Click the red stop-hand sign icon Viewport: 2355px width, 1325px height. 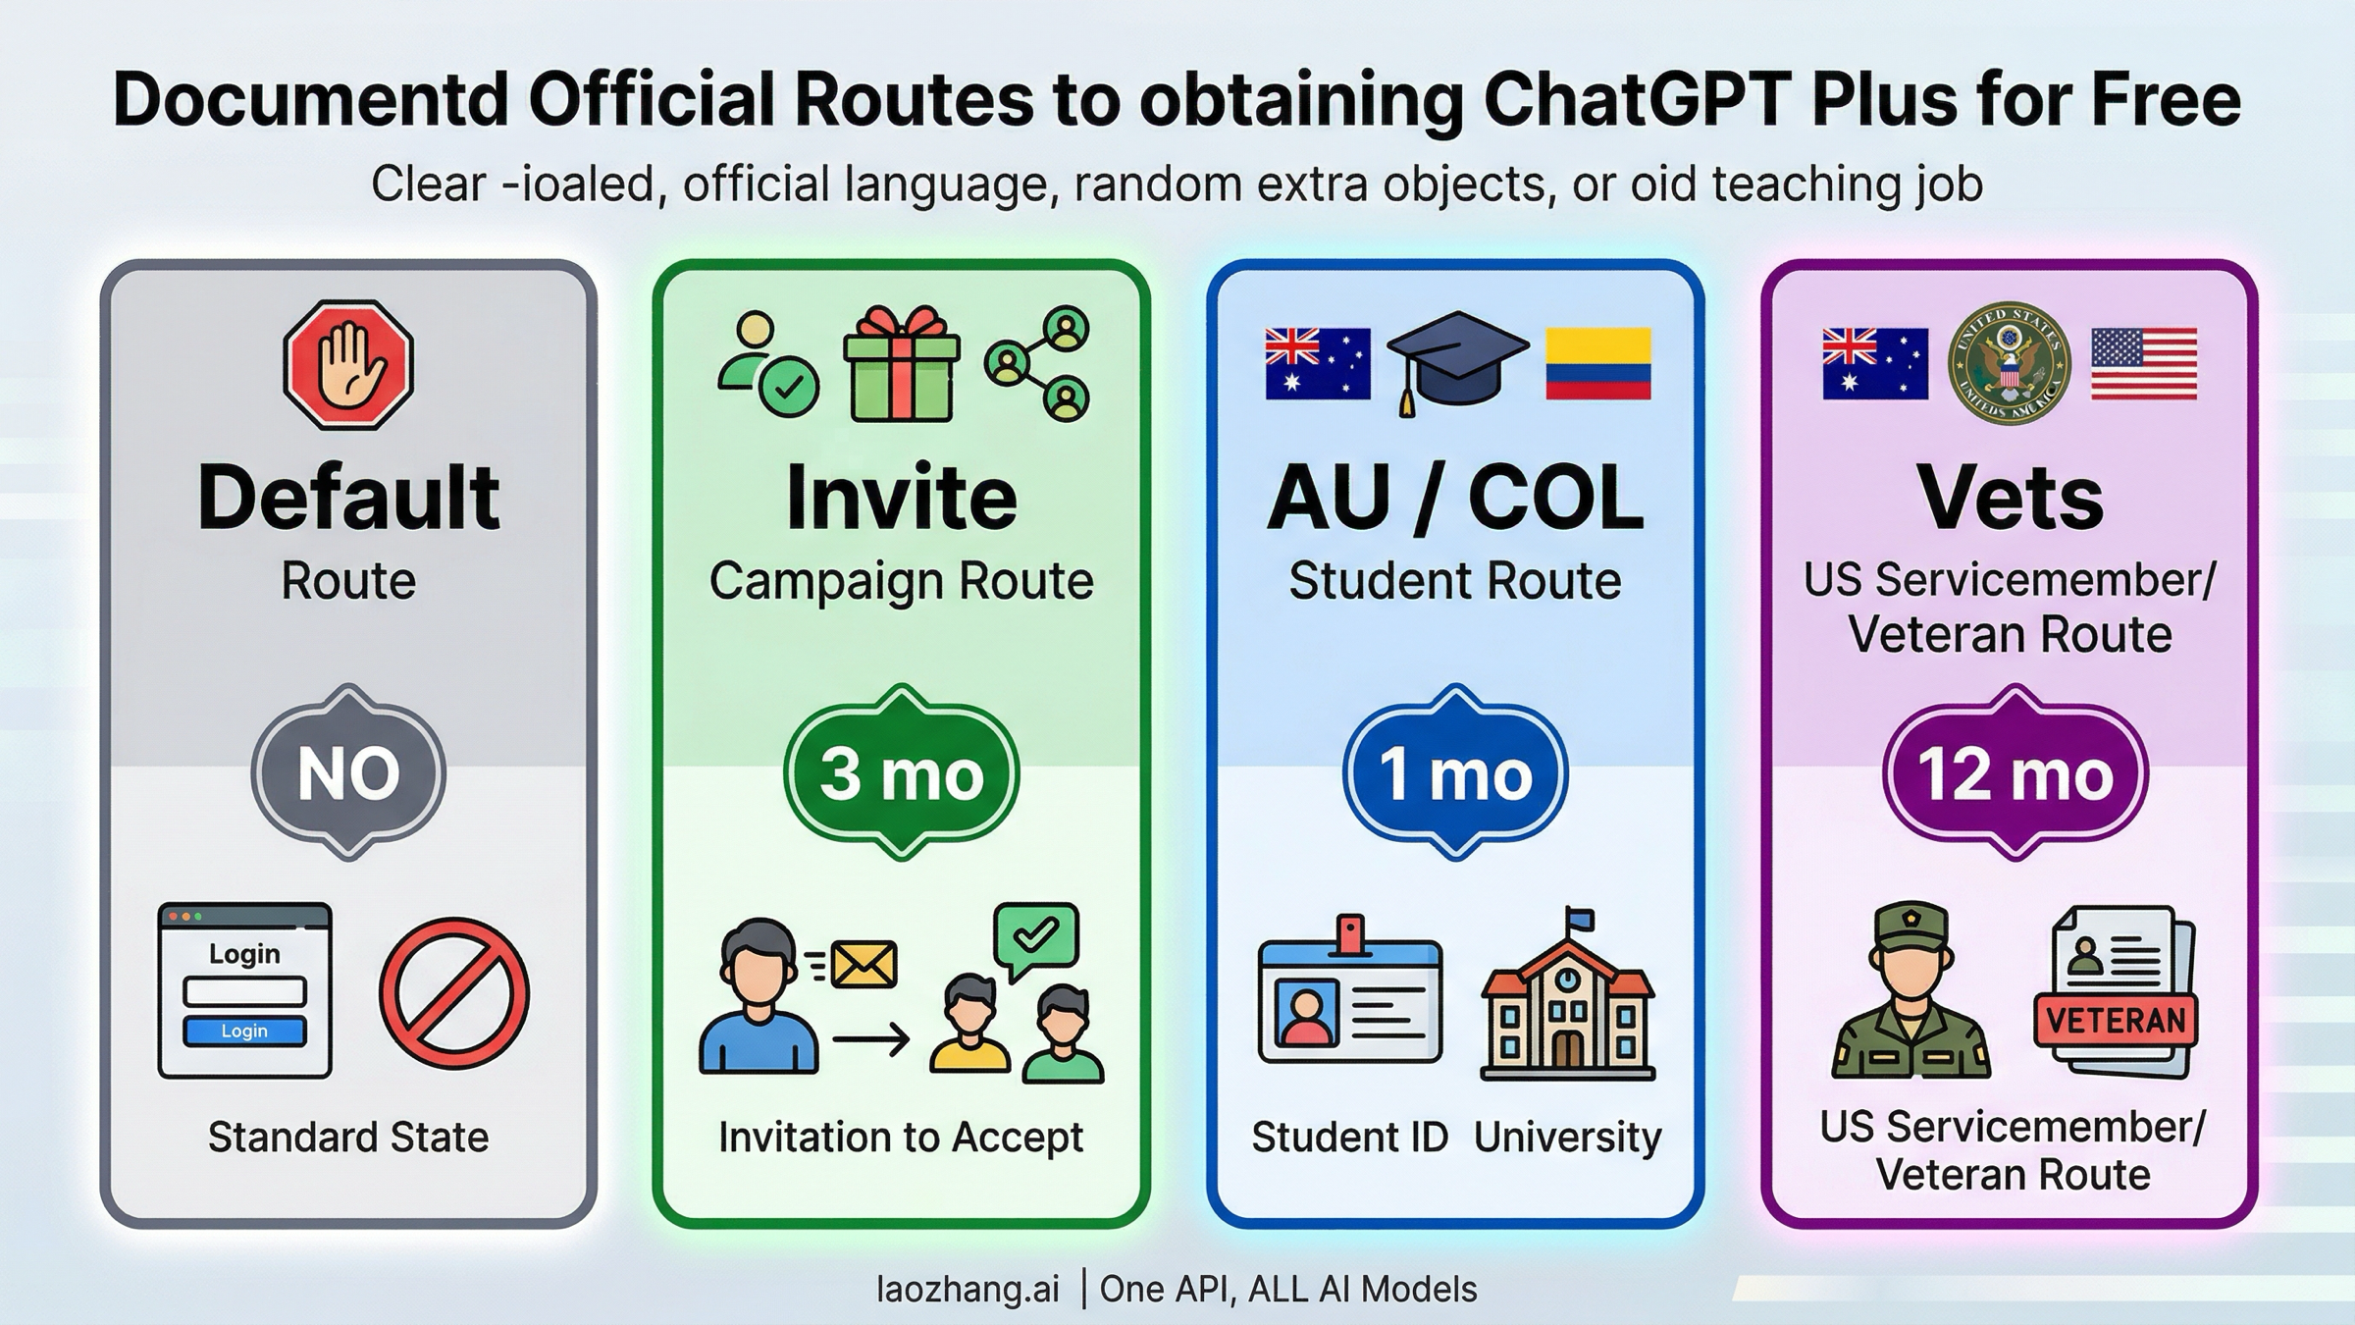tap(348, 365)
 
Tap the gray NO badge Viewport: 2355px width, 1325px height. tap(348, 773)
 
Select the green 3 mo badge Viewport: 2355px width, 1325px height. tap(902, 773)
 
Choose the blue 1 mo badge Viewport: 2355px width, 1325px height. tap(1455, 773)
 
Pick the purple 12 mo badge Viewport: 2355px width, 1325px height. tap(2015, 773)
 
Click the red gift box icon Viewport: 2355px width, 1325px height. tap(902, 364)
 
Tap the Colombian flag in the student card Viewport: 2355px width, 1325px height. tap(1598, 364)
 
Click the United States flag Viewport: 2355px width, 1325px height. tap(2144, 364)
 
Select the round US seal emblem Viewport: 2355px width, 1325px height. tap(2009, 364)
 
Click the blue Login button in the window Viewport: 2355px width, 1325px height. tap(244, 1031)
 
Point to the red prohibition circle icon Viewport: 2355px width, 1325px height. tap(453, 992)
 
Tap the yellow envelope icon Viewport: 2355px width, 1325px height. tap(863, 964)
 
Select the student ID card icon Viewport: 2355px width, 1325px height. tap(1350, 996)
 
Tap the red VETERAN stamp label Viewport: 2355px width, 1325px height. tap(2116, 1021)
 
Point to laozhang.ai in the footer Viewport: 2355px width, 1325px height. tap(968, 1289)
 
